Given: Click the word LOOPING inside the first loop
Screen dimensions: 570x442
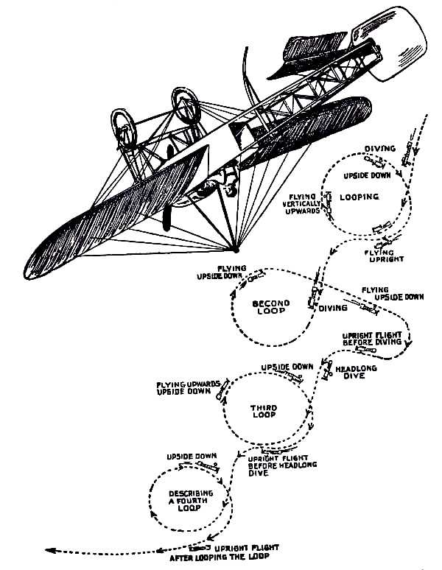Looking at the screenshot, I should [360, 197].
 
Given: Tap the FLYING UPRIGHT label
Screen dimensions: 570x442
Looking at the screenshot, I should [384, 256].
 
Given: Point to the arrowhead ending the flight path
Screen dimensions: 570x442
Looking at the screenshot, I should [49, 549].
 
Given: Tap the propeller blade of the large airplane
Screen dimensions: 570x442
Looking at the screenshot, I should [167, 218].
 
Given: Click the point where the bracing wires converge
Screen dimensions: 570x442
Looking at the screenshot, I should [235, 247].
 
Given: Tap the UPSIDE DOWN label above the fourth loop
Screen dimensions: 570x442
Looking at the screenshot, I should [191, 456].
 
